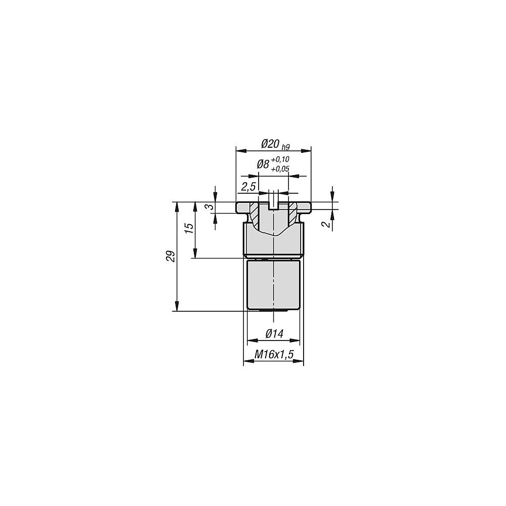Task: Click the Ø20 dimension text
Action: tap(270, 144)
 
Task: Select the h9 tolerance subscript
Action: tap(285, 147)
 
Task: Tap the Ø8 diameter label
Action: tap(263, 164)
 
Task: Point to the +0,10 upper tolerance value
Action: tap(280, 159)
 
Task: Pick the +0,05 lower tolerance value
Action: tap(280, 169)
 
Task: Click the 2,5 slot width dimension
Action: tap(248, 187)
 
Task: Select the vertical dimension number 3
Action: tap(210, 206)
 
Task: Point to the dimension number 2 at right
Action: tap(327, 224)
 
